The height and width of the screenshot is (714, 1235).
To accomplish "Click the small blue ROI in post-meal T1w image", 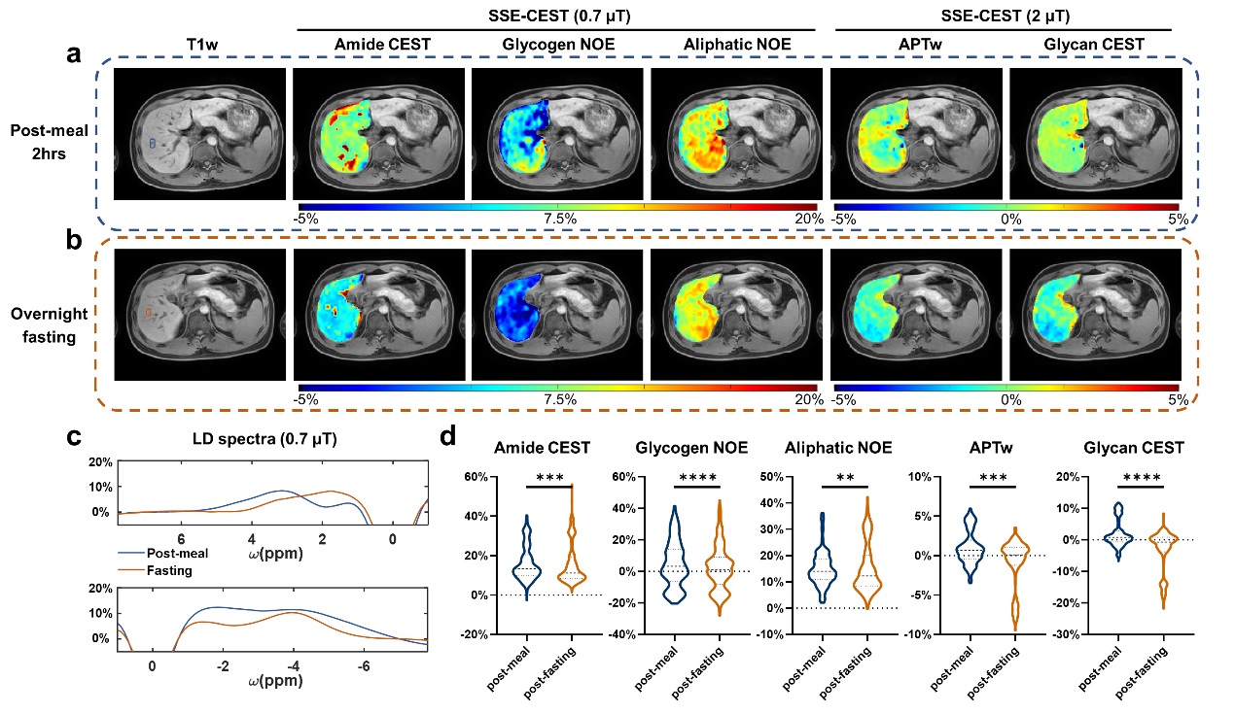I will [152, 142].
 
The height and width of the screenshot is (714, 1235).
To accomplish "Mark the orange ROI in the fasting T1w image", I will [148, 312].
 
